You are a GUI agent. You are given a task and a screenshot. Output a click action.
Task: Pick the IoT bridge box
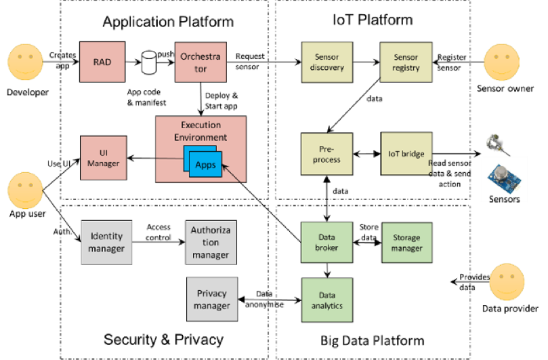pyautogui.click(x=406, y=155)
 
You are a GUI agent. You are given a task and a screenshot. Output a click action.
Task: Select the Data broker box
pyautogui.click(x=327, y=243)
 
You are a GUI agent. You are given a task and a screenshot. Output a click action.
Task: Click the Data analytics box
pyautogui.click(x=327, y=300)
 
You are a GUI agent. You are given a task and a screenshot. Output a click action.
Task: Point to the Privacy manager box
pyautogui.click(x=211, y=300)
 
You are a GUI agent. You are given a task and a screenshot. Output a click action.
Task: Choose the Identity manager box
pyautogui.click(x=106, y=243)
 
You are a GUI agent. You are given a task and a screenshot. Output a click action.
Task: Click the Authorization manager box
pyautogui.click(x=210, y=243)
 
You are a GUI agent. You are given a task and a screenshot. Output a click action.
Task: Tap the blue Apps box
pyautogui.click(x=205, y=164)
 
